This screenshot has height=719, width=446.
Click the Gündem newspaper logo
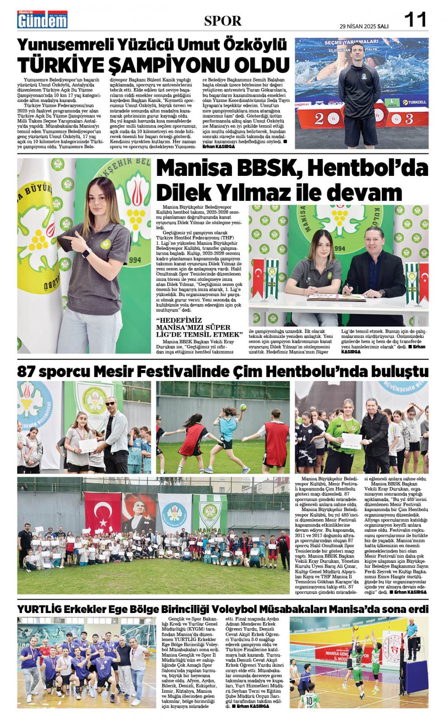coord(42,20)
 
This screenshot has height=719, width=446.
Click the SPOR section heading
coord(223,20)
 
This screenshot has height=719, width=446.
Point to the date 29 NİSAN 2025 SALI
coord(363,26)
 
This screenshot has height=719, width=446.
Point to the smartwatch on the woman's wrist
coord(86,252)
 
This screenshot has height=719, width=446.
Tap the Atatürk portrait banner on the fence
coord(139,512)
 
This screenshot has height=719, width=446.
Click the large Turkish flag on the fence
coord(103,512)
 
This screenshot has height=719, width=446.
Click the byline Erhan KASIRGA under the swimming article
coord(219,146)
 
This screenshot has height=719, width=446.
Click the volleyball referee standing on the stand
coord(411,637)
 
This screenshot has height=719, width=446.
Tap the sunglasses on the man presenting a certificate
coord(110,404)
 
